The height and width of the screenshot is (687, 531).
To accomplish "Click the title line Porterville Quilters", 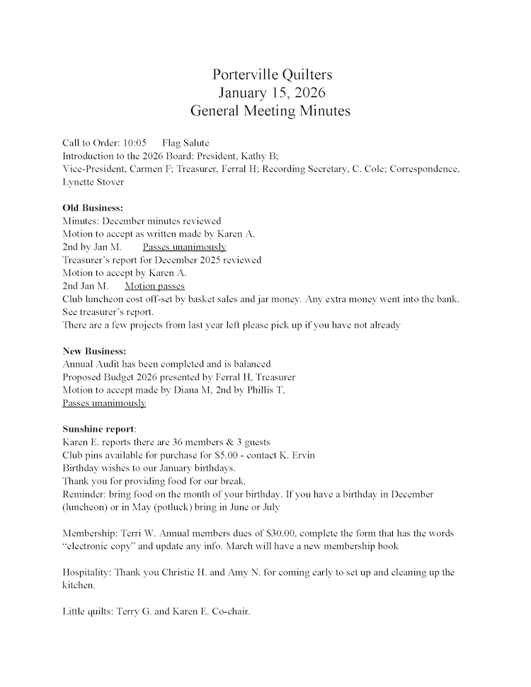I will (x=271, y=75).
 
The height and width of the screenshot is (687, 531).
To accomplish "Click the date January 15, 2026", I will (x=271, y=93).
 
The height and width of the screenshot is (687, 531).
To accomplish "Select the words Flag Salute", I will (x=185, y=143).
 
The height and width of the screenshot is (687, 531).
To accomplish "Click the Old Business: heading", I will (x=93, y=208).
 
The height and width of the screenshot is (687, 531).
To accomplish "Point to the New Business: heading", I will (x=95, y=352).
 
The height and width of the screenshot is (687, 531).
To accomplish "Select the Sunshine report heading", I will (x=98, y=429).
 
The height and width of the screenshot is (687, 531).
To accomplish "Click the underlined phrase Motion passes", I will (x=154, y=286).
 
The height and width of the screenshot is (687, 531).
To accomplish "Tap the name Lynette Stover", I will (x=93, y=182).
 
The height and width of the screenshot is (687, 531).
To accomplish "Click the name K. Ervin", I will (x=297, y=455).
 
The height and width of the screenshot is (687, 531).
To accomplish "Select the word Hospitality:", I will (x=87, y=572).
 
